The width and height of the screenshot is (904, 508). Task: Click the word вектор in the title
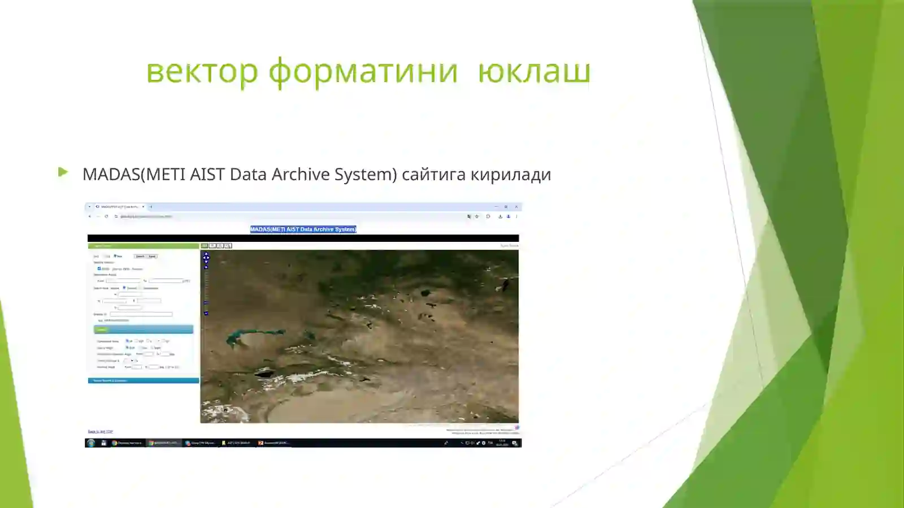tap(202, 72)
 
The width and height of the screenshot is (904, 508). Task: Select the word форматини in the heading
tap(363, 72)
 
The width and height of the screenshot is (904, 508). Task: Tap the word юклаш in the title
tap(534, 72)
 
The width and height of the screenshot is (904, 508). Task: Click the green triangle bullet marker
tap(63, 172)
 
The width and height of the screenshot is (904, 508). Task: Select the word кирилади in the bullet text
tap(511, 174)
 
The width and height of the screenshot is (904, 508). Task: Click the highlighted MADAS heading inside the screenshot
tap(303, 229)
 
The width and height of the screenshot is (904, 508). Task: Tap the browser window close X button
tap(516, 207)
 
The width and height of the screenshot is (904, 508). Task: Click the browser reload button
tap(106, 216)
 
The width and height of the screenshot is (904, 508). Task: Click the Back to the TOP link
tap(100, 432)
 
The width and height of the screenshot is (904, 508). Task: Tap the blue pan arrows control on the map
tap(206, 257)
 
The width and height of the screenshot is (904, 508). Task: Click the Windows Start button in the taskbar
tap(91, 443)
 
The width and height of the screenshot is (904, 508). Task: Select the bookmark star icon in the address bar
tap(477, 216)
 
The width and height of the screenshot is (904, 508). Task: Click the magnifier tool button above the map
tap(228, 246)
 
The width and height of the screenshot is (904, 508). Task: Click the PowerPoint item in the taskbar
tap(273, 443)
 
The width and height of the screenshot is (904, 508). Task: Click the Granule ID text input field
tap(141, 314)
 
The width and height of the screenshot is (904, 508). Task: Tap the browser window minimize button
tap(496, 207)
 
